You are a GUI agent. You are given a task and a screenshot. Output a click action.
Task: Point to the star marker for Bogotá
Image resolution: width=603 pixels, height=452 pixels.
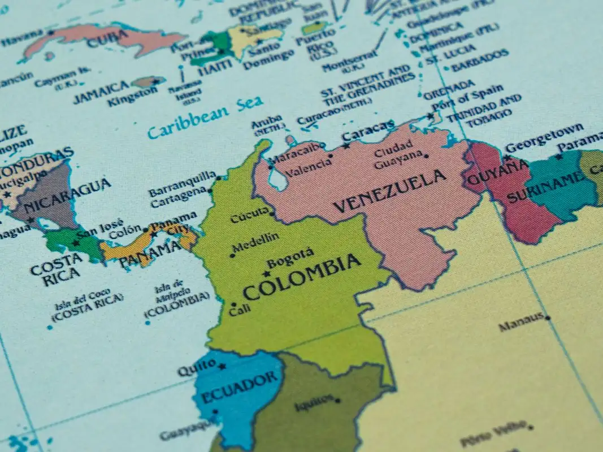click(266, 273)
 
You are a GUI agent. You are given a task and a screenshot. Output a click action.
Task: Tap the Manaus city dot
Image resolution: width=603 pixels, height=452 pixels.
click(547, 318)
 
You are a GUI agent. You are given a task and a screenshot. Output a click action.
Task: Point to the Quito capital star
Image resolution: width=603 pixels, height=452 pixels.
click(222, 366)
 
